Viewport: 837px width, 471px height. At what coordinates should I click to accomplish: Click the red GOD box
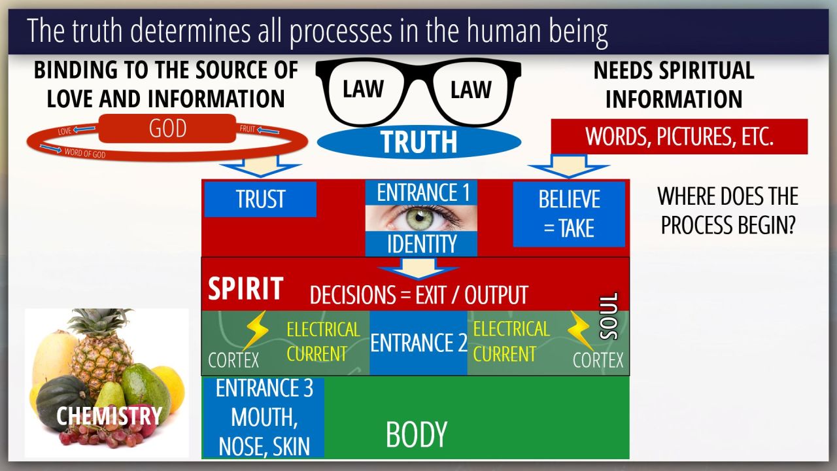tap(167, 129)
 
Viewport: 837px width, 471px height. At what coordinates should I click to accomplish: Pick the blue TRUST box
tap(260, 200)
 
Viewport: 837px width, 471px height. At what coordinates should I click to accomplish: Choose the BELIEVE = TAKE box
tap(568, 214)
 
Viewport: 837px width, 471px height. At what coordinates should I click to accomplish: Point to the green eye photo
tap(421, 218)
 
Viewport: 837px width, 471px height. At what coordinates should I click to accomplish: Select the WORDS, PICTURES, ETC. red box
tap(679, 136)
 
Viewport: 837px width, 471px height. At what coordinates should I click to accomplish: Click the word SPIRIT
tap(245, 288)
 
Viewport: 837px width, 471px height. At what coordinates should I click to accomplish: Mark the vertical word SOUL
tap(609, 316)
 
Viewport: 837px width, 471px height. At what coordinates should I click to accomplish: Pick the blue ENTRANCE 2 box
tap(418, 343)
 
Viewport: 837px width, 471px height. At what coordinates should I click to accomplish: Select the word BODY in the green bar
tap(417, 434)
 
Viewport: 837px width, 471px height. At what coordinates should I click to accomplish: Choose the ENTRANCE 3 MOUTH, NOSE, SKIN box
tap(264, 417)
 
